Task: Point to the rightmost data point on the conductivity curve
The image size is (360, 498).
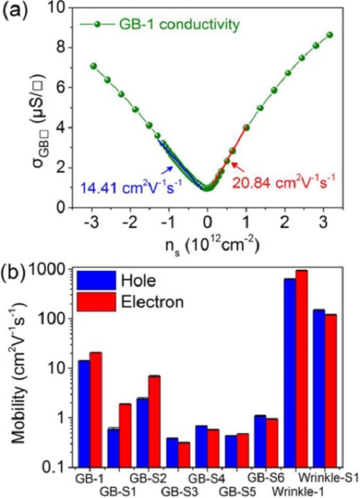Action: tap(329, 35)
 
